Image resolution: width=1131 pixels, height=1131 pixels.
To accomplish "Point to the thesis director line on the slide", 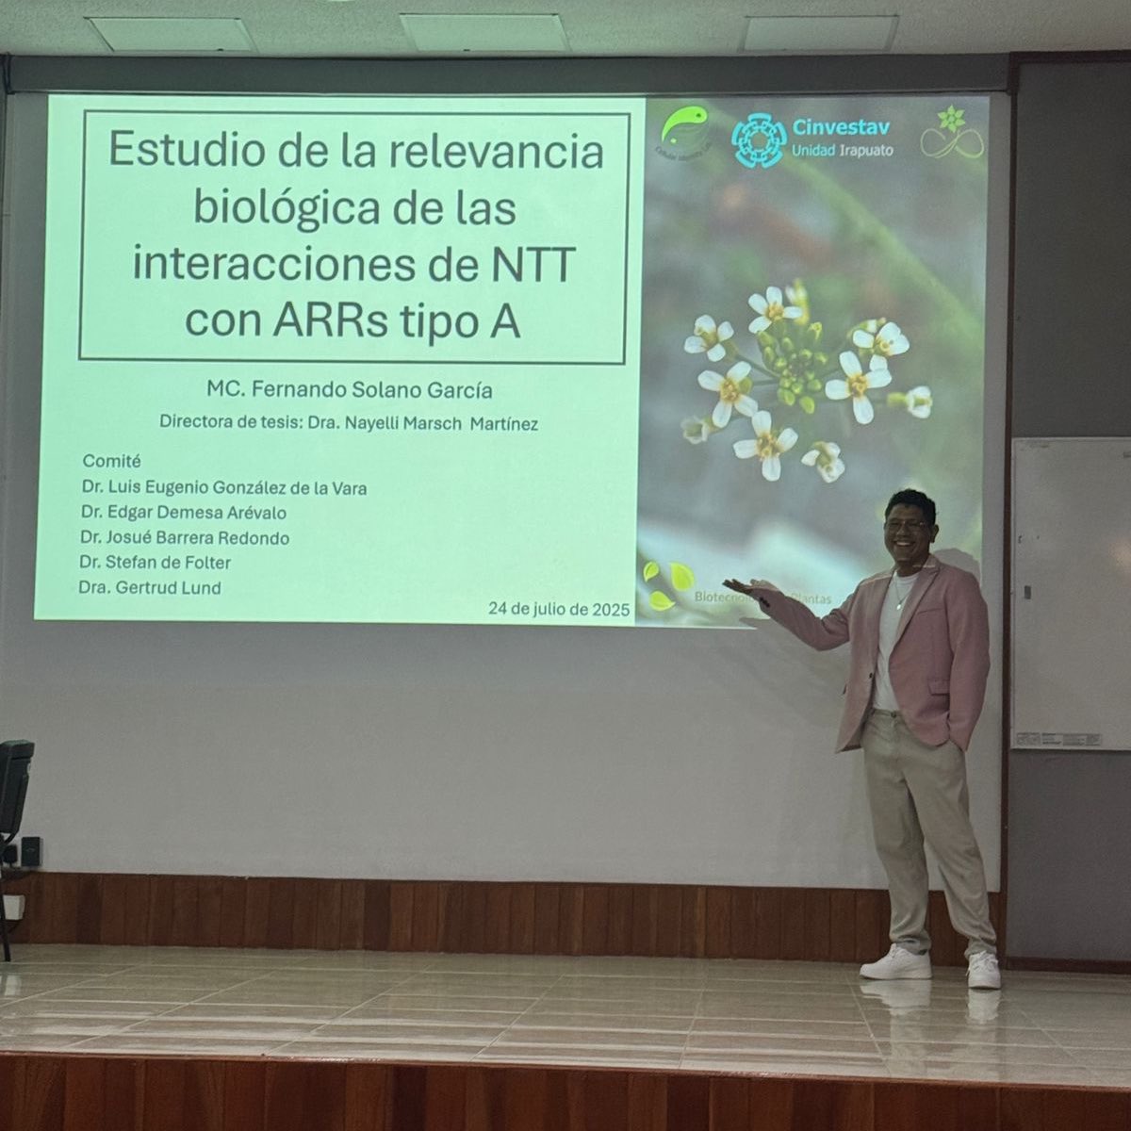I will click(x=349, y=423).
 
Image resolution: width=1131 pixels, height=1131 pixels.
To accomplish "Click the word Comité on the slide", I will click(x=111, y=461).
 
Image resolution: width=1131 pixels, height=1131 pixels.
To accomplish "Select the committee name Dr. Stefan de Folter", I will click(x=156, y=563).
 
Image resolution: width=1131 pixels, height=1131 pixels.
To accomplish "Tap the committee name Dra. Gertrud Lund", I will click(x=151, y=588).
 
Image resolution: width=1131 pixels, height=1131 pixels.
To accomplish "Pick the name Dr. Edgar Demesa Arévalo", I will click(x=183, y=513).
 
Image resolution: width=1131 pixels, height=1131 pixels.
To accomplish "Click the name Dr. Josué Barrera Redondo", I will click(x=185, y=538).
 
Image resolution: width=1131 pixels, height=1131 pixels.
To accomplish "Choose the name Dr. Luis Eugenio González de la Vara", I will click(x=223, y=488).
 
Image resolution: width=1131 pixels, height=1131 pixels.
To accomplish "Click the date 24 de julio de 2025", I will click(x=558, y=609).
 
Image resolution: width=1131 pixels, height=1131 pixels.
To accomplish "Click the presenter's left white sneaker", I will click(x=895, y=964).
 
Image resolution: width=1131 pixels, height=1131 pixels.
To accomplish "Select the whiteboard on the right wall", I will click(x=1071, y=594).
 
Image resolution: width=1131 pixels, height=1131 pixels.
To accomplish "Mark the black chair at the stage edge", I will click(x=14, y=787).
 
